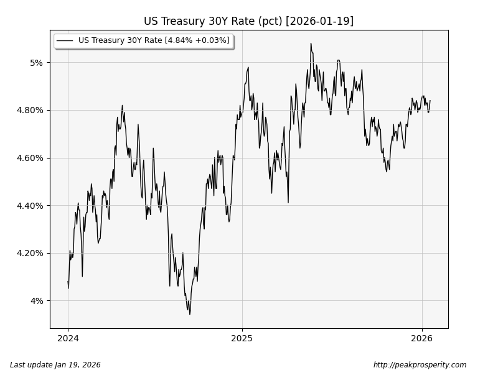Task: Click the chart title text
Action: pyautogui.click(x=248, y=21)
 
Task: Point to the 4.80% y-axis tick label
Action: pyautogui.click(x=31, y=110)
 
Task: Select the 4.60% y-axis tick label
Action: pyautogui.click(x=31, y=158)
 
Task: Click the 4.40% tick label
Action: pyautogui.click(x=31, y=206)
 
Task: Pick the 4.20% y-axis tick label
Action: pyautogui.click(x=31, y=253)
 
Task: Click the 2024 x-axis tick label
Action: pyautogui.click(x=68, y=338)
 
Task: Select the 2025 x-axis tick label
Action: pyautogui.click(x=242, y=338)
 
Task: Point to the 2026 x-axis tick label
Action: pyautogui.click(x=422, y=338)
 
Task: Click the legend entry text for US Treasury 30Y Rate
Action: pyautogui.click(x=153, y=40)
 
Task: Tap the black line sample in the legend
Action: pyautogui.click(x=65, y=40)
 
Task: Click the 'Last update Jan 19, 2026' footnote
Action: pyautogui.click(x=55, y=365)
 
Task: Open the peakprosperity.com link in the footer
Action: pyautogui.click(x=420, y=365)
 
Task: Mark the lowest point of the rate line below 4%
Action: pyautogui.click(x=190, y=314)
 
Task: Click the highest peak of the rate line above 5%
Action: pyautogui.click(x=311, y=44)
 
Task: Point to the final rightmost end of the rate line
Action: pyautogui.click(x=430, y=101)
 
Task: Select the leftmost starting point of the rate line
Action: pyautogui.click(x=68, y=282)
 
